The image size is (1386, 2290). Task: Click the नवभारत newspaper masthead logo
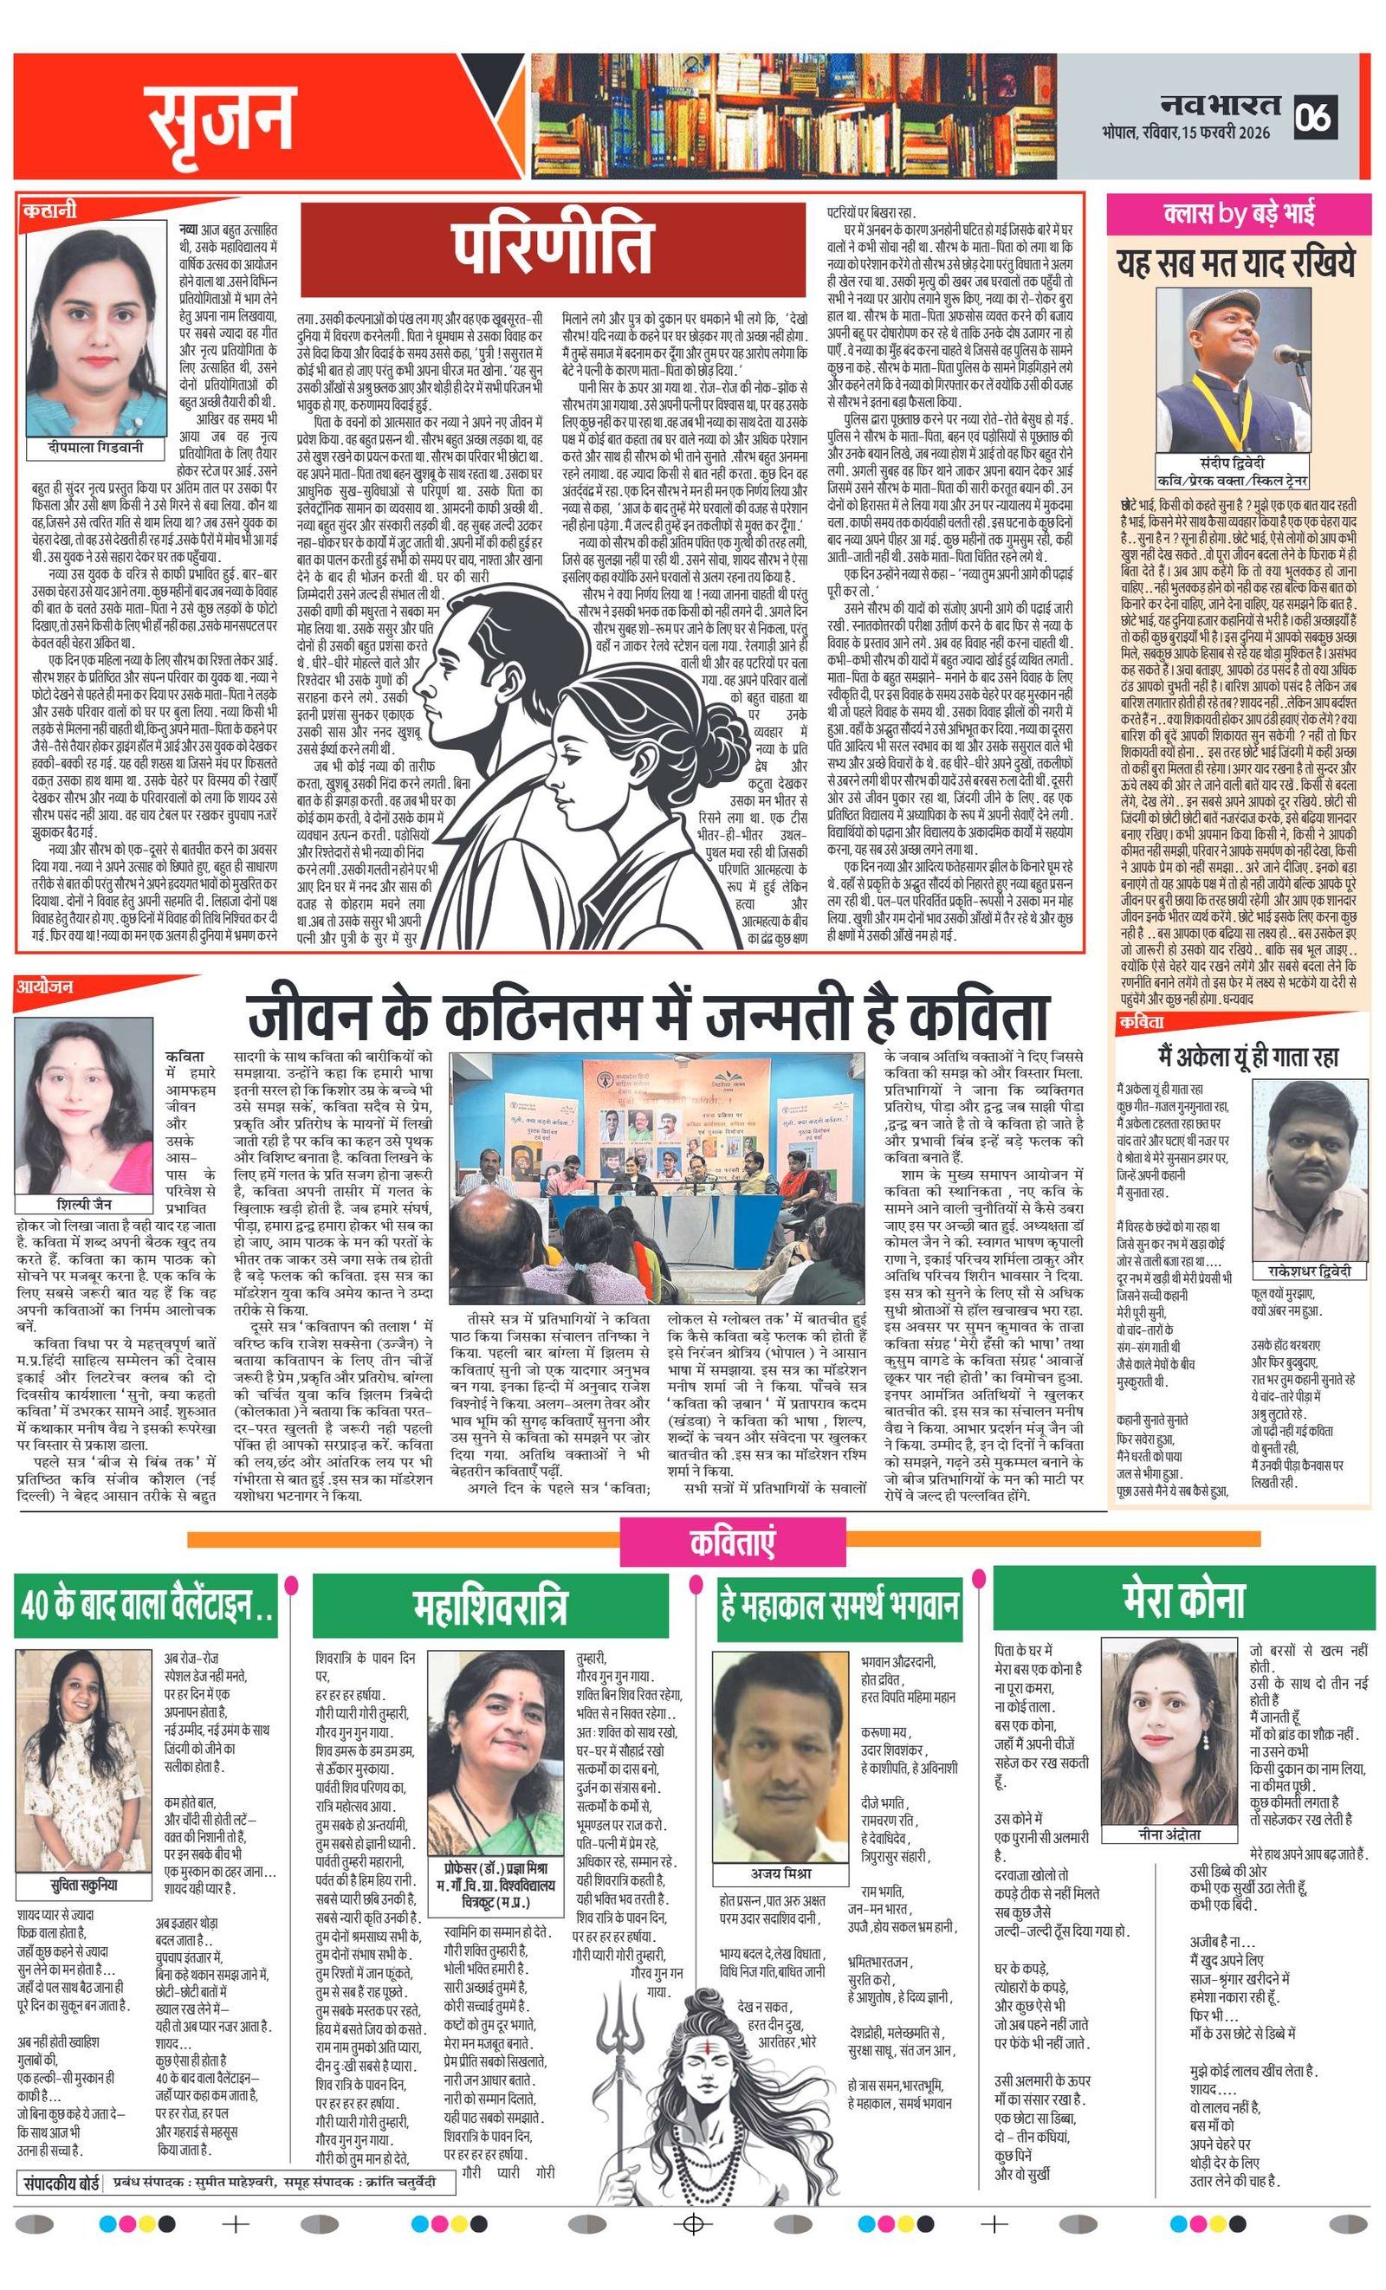click(1220, 105)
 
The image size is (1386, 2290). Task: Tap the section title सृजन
click(220, 119)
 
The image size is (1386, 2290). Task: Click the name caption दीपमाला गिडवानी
click(97, 447)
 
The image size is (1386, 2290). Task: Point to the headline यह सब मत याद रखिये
click(1235, 263)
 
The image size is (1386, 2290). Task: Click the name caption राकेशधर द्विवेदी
click(1309, 1271)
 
